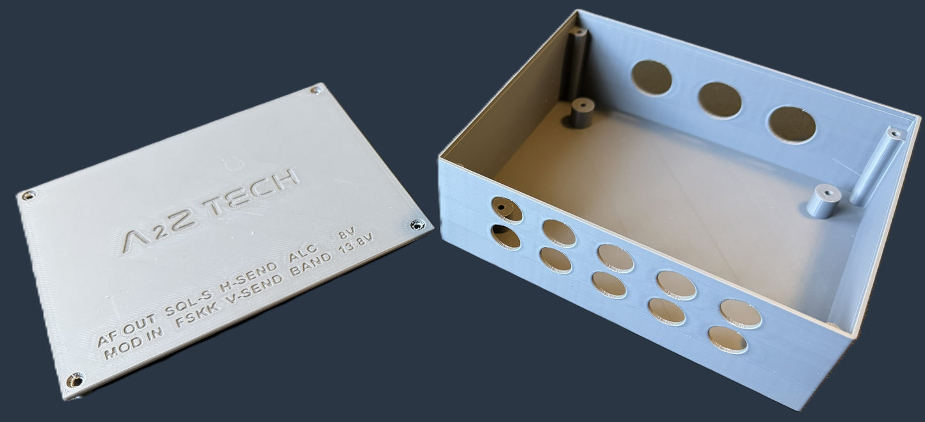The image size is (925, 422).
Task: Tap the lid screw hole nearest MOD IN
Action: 74,381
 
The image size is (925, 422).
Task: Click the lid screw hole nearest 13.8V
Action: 417,224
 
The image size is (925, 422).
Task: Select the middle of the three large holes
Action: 720,100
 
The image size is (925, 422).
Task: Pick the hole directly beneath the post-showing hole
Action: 506,236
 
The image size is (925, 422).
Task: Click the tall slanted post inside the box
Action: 877,165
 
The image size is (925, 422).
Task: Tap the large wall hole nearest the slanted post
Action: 792,124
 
